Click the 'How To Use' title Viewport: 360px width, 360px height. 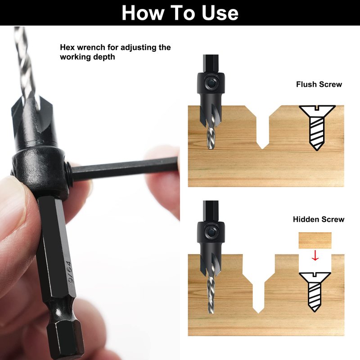pyautogui.click(x=180, y=13)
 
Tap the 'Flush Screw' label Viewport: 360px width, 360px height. pyautogui.click(x=319, y=84)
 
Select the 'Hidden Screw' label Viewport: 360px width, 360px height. pyautogui.click(x=319, y=219)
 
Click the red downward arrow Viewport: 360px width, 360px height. pyautogui.click(x=315, y=256)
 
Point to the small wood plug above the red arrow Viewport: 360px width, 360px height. pyautogui.click(x=315, y=240)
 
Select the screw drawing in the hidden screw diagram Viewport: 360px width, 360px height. pyautogui.click(x=315, y=292)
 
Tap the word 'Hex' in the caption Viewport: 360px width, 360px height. pyautogui.click(x=68, y=47)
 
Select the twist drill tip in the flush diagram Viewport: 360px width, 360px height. pyautogui.click(x=211, y=138)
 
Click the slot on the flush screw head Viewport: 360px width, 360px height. pyautogui.click(x=317, y=108)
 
